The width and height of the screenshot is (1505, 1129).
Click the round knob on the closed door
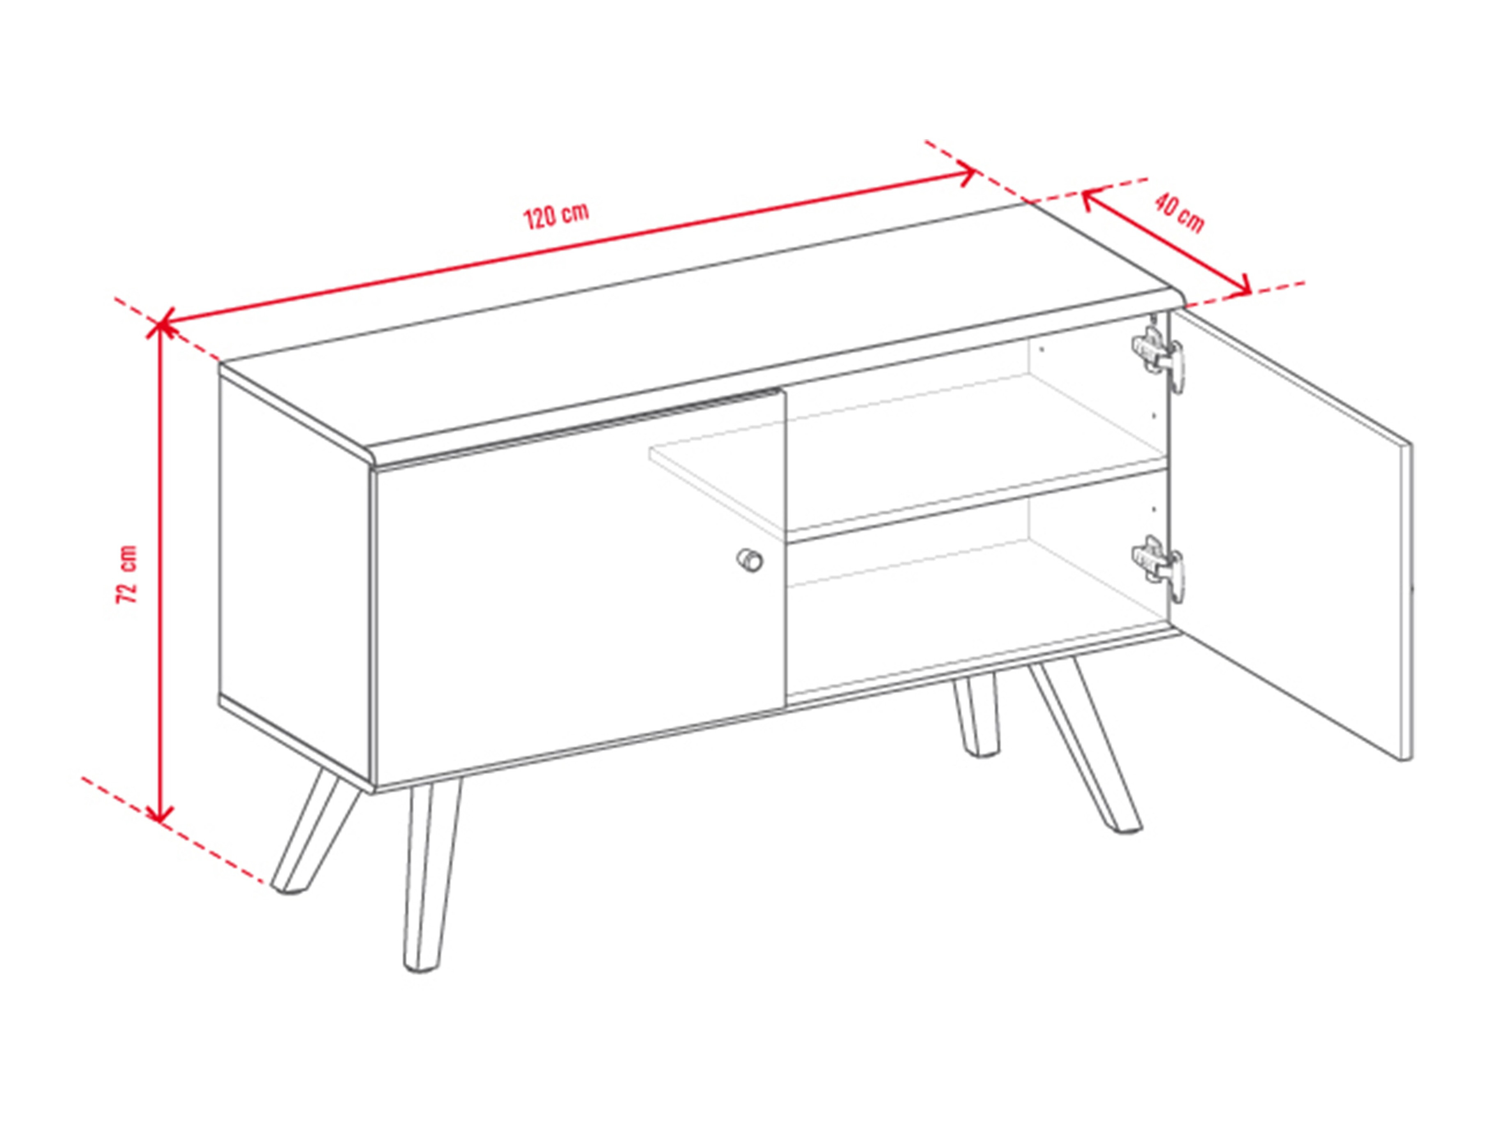749,561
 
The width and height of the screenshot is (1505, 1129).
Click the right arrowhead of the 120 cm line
970,174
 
